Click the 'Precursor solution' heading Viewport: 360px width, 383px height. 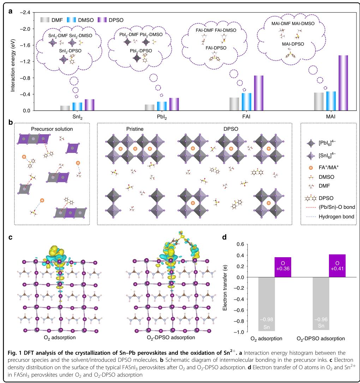(x=52, y=129)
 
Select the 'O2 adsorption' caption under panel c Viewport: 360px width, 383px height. (x=58, y=337)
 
